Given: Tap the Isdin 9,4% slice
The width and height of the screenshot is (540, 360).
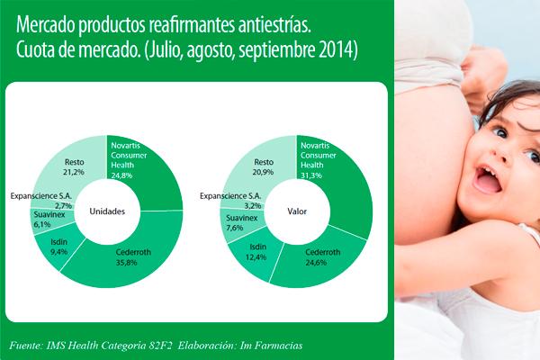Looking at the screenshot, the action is point(58,247).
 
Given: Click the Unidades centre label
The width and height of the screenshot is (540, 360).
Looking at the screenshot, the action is point(107,211).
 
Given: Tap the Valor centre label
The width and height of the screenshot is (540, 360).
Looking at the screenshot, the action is point(297,211).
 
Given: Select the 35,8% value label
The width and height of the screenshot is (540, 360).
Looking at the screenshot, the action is point(126,263).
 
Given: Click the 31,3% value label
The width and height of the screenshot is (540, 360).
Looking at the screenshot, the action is point(311,175).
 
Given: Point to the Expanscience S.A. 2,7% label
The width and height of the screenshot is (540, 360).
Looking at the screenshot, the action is point(41,201).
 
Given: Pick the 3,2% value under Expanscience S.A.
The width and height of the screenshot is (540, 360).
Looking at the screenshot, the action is point(253,206).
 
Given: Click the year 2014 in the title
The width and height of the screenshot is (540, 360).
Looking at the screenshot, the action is point(338,50).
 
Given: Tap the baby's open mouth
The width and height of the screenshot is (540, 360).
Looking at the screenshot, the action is point(487,179).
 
